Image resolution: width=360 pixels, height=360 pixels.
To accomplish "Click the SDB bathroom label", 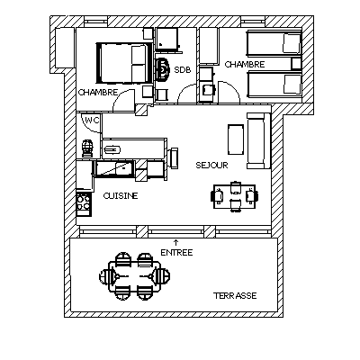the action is [x=183, y=70].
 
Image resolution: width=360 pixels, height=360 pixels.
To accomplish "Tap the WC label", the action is [x=92, y=121].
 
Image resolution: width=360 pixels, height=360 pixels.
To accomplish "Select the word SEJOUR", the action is [x=211, y=165].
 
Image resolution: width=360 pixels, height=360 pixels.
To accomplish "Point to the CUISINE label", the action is [x=121, y=196].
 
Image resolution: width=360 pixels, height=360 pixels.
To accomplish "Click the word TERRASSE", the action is [x=235, y=296].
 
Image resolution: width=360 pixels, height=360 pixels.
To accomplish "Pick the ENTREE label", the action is [x=176, y=253].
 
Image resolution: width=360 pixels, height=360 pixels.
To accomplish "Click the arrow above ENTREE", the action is [x=176, y=243].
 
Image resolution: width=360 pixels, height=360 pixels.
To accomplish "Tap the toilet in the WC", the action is [x=87, y=148].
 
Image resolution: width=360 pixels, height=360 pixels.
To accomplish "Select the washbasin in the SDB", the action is [x=163, y=69].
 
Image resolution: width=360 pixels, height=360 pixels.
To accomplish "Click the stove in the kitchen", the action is [x=84, y=202].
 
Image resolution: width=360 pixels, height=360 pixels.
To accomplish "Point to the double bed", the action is [x=124, y=63].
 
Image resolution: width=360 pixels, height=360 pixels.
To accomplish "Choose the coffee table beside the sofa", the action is [x=236, y=139].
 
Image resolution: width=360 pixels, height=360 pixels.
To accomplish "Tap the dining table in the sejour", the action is [x=234, y=196].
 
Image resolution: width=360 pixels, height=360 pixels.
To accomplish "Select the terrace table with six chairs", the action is [x=134, y=276].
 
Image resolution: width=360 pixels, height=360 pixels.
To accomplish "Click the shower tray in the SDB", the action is [x=167, y=39].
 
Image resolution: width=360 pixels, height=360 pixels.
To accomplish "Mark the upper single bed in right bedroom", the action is [x=274, y=43].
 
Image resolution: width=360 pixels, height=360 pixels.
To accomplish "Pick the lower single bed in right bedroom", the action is [x=274, y=85].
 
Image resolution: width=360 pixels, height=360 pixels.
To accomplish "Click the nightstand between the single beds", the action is [x=296, y=63].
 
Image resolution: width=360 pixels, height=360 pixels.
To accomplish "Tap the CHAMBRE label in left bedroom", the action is [x=98, y=92].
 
